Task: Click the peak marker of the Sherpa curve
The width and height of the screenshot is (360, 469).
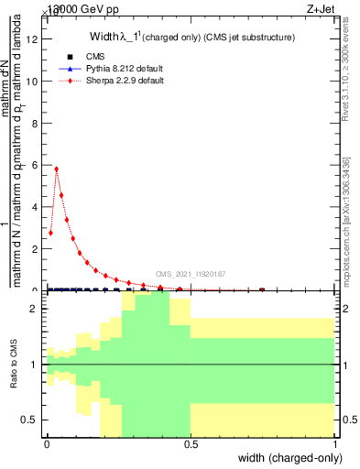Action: click(57, 169)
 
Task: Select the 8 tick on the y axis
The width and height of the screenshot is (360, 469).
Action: click(36, 123)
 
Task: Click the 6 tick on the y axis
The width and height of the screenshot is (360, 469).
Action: click(36, 165)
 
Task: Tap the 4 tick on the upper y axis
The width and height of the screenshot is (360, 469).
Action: click(36, 207)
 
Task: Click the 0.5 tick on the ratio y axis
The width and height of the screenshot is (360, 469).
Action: click(33, 420)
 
